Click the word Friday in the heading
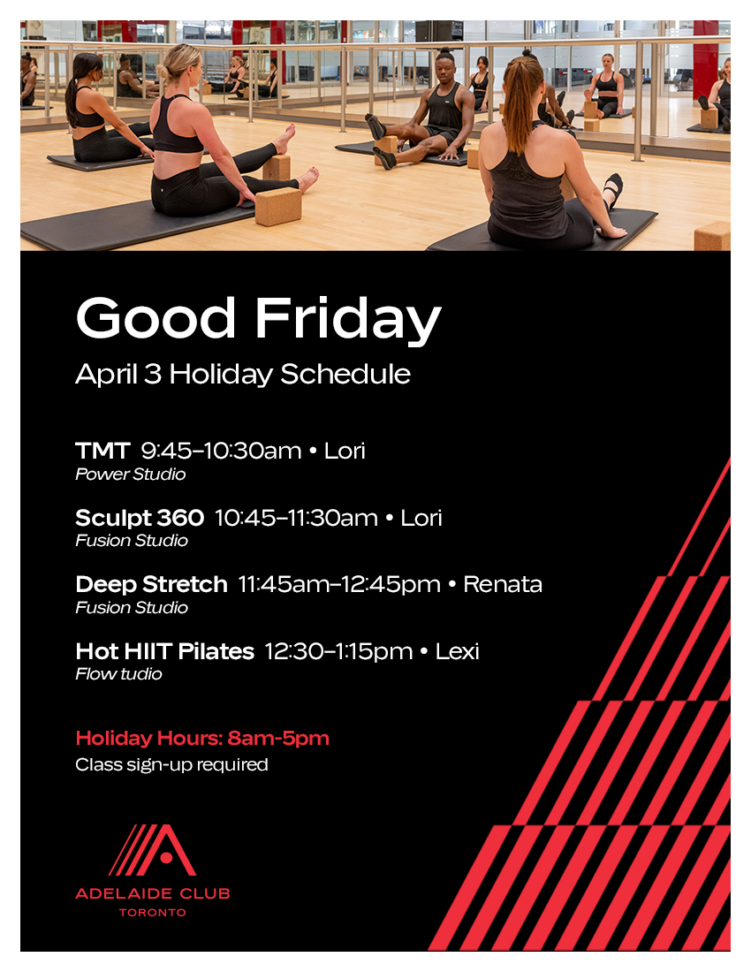(x=347, y=319)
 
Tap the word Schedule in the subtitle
(x=345, y=374)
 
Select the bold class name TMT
(x=102, y=451)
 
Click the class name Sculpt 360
(x=140, y=518)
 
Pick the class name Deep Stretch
(x=151, y=585)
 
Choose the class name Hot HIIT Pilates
(x=165, y=651)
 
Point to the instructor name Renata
(x=503, y=585)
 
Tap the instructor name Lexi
(x=458, y=651)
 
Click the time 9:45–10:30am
(x=221, y=451)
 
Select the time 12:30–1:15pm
(x=338, y=652)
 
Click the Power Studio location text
(x=131, y=475)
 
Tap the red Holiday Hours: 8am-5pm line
(x=202, y=739)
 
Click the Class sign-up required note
(x=171, y=765)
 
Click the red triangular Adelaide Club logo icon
(x=153, y=850)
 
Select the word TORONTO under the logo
(x=153, y=913)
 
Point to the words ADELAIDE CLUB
(x=153, y=894)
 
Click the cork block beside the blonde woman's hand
(x=278, y=206)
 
